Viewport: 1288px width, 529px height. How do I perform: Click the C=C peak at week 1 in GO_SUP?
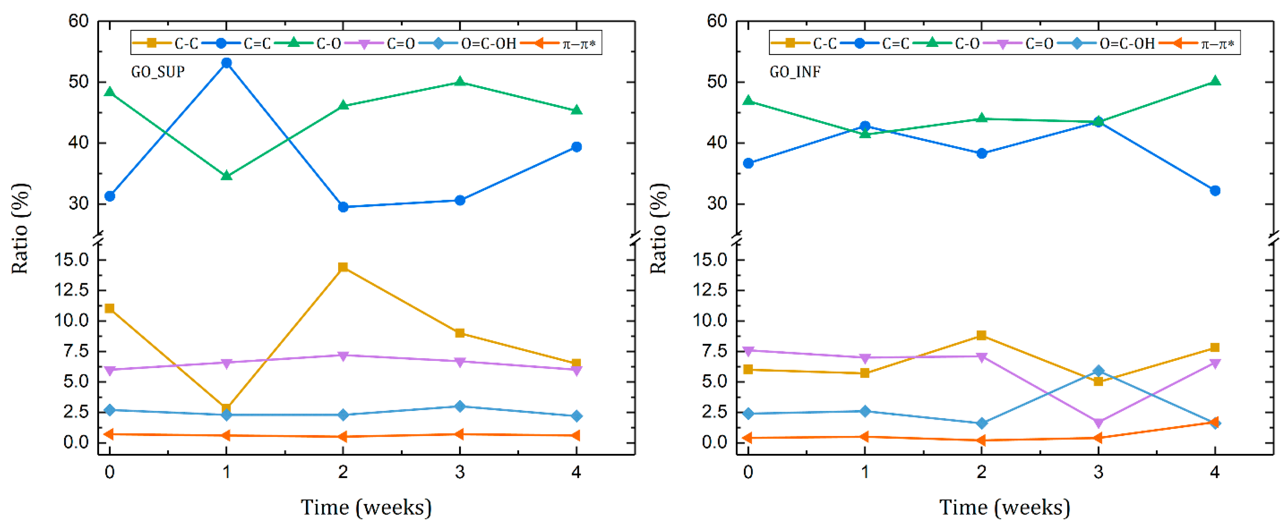tap(226, 63)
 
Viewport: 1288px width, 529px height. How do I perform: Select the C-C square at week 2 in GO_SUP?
tap(343, 267)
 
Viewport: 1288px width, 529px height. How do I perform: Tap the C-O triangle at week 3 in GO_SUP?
tap(460, 82)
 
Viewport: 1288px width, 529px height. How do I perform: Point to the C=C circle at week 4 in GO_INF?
tap(1215, 191)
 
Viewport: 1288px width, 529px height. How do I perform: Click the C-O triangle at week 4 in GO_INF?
tap(1215, 81)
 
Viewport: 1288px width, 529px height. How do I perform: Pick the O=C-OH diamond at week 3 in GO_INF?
tap(1099, 371)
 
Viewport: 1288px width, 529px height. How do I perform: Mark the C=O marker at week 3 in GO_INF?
tap(1099, 424)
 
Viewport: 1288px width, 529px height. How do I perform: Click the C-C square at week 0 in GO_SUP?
tap(109, 308)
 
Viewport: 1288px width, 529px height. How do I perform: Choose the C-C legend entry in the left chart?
tap(165, 43)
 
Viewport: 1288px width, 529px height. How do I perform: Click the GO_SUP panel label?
tap(158, 72)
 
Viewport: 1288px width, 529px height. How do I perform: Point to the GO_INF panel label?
tap(795, 72)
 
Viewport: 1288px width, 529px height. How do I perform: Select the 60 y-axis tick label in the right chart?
tap(716, 21)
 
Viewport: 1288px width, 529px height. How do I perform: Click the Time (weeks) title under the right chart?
tap(1004, 508)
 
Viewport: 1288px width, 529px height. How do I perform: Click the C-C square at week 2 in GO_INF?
tap(981, 335)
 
